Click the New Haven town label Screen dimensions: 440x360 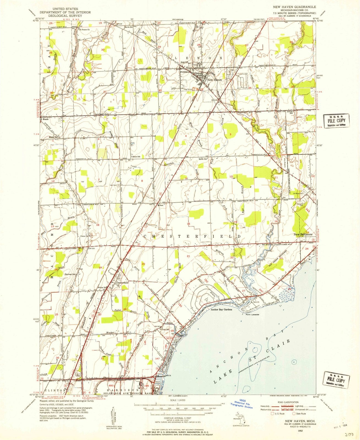pyautogui.click(x=214, y=80)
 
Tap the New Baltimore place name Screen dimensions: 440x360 pyautogui.click(x=303, y=234)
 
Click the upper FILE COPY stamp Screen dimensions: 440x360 pyautogui.click(x=336, y=121)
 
